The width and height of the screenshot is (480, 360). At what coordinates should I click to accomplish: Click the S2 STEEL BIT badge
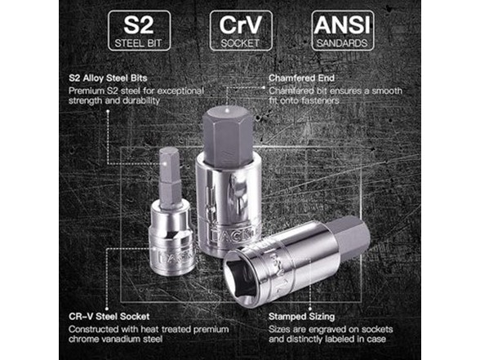click(139, 31)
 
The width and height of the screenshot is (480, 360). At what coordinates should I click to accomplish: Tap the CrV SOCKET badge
click(241, 31)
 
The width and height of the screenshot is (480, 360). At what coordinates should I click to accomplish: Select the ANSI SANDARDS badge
click(343, 31)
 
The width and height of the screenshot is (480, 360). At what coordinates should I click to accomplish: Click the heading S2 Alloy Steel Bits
click(108, 78)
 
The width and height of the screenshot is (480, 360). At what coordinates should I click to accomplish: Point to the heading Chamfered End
click(301, 78)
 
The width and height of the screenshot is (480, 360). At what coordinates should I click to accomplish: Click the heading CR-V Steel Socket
click(109, 316)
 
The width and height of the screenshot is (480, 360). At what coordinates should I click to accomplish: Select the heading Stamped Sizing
click(301, 317)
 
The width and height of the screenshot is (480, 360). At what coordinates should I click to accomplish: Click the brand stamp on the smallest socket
click(177, 256)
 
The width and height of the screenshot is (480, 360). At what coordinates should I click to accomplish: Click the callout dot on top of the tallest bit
click(227, 109)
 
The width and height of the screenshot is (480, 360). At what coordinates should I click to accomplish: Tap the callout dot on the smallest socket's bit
click(165, 164)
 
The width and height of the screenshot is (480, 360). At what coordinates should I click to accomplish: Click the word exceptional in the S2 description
click(180, 91)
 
